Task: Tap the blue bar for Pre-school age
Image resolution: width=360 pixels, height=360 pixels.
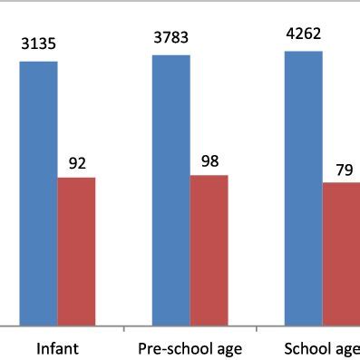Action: (x=170, y=189)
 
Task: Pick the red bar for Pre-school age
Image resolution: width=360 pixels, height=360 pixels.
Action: (x=209, y=249)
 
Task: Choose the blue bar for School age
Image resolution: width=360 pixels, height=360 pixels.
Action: (x=303, y=187)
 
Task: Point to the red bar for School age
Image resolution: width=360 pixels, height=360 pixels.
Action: (x=341, y=253)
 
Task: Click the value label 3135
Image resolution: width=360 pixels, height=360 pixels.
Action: (x=38, y=42)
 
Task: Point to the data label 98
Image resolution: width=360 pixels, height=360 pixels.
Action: (x=210, y=161)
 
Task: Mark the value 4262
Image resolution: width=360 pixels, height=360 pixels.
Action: (x=302, y=34)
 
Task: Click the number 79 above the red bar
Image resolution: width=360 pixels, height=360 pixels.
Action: (x=344, y=169)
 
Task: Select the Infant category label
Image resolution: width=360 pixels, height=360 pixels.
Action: (x=57, y=349)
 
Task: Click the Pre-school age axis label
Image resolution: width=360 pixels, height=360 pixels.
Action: (x=190, y=349)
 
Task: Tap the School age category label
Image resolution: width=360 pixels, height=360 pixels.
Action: (x=322, y=349)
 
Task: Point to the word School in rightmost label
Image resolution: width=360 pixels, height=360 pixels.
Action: (x=306, y=349)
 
